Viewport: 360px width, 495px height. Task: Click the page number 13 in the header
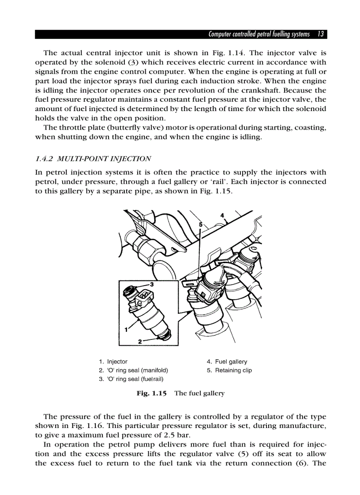pyautogui.click(x=321, y=34)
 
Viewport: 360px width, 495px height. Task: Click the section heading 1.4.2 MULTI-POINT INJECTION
pyautogui.click(x=93, y=159)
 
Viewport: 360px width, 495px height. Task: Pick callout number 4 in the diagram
pyautogui.click(x=222, y=216)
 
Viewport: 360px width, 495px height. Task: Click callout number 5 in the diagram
pyautogui.click(x=201, y=224)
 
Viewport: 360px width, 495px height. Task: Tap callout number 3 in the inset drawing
pyautogui.click(x=151, y=284)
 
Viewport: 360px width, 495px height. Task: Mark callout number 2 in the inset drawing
pyautogui.click(x=140, y=341)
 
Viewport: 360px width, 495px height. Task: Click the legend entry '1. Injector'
pyautogui.click(x=113, y=361)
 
